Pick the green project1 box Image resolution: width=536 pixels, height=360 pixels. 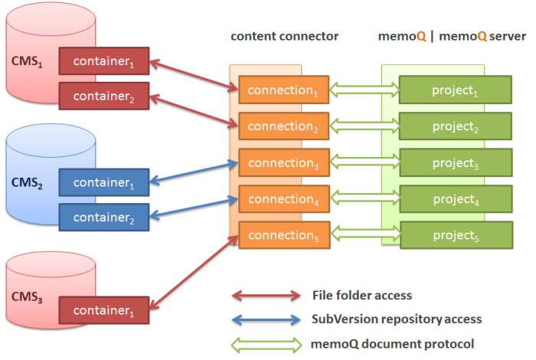coord(456,90)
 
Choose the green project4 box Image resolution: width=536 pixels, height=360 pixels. coord(456,199)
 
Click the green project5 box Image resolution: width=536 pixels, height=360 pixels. coord(456,235)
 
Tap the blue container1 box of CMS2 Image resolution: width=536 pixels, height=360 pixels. coord(104,182)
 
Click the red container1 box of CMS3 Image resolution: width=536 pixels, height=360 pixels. coord(104,312)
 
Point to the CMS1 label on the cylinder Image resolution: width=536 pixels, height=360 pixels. coord(27,61)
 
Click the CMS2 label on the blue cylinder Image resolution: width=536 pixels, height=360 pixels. coord(27,185)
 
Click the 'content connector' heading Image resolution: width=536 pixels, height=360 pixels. coord(284,37)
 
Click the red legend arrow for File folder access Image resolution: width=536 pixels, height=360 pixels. coord(266,296)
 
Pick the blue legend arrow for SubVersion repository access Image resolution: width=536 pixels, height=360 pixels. coord(266,319)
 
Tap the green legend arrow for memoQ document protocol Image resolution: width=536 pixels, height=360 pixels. coord(266,343)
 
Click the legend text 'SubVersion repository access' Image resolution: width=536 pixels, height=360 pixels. coord(397,319)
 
